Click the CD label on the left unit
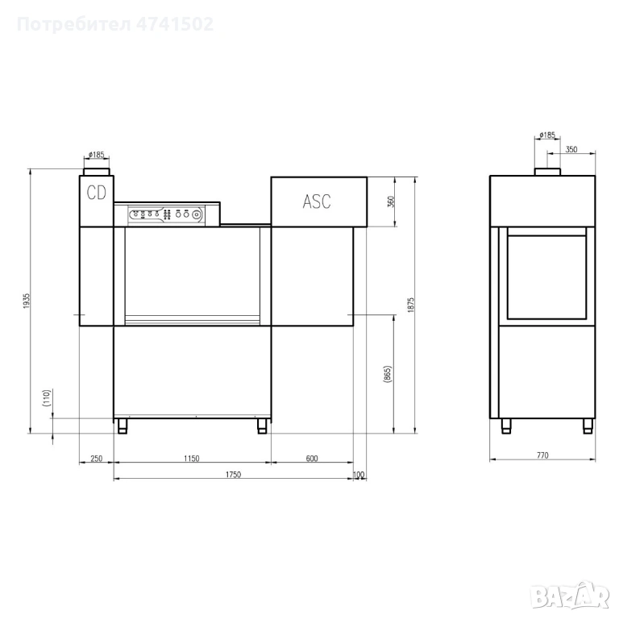[x=97, y=193]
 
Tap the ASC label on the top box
[x=317, y=201]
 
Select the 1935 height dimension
[x=27, y=301]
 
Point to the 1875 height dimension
[x=411, y=305]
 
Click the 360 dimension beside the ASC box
[x=392, y=202]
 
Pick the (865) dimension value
[x=387, y=374]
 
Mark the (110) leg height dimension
[x=47, y=398]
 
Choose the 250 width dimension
[x=97, y=459]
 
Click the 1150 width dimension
[x=192, y=459]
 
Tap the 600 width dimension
[x=312, y=459]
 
